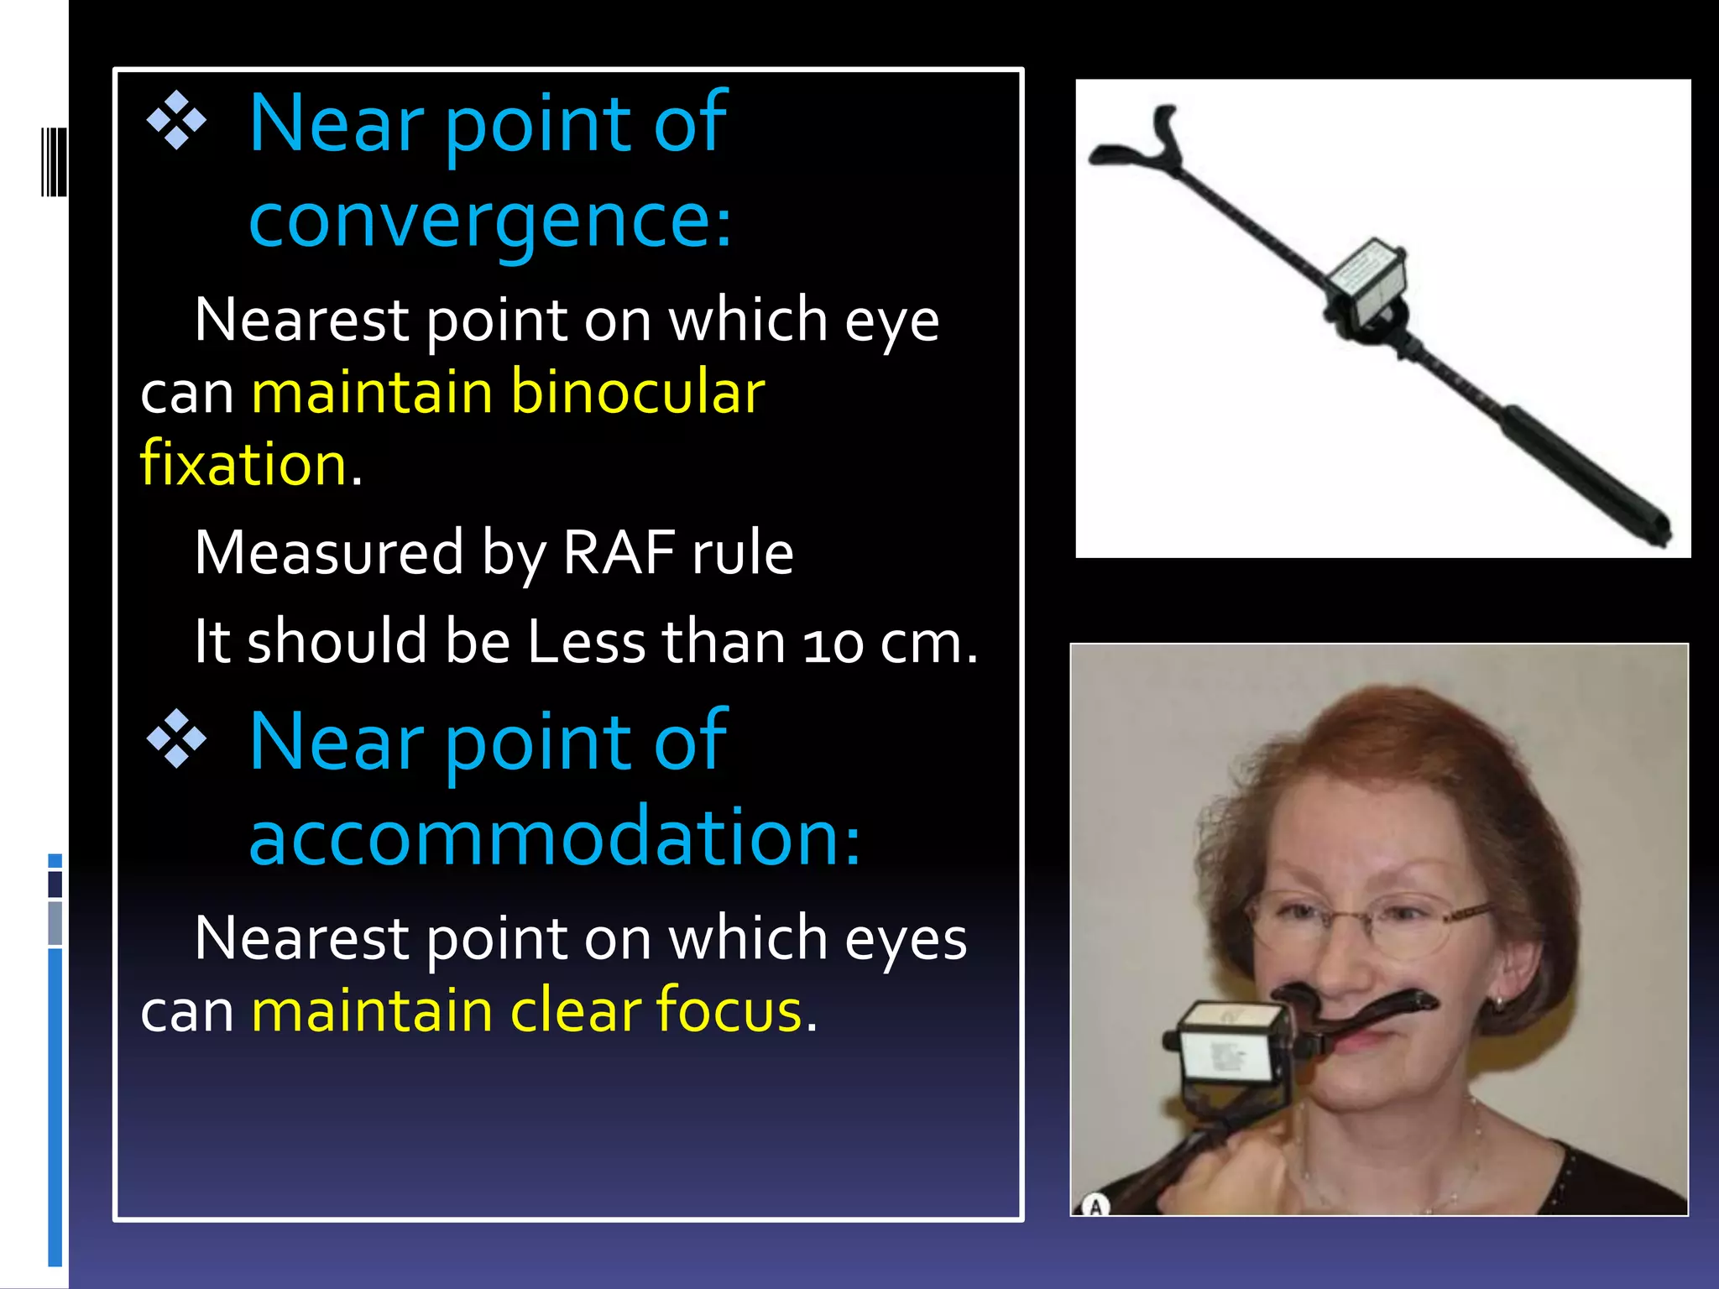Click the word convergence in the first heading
click(x=490, y=220)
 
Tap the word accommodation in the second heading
click(x=554, y=837)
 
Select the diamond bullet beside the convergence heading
click(x=176, y=121)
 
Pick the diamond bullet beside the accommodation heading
click(x=176, y=739)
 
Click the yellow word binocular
click(x=637, y=393)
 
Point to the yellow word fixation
click(x=243, y=464)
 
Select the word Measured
click(x=328, y=553)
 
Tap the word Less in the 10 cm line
click(x=586, y=642)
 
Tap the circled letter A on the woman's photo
click(x=1095, y=1207)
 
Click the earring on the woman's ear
click(x=1499, y=1000)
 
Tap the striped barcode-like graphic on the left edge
click(x=54, y=161)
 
